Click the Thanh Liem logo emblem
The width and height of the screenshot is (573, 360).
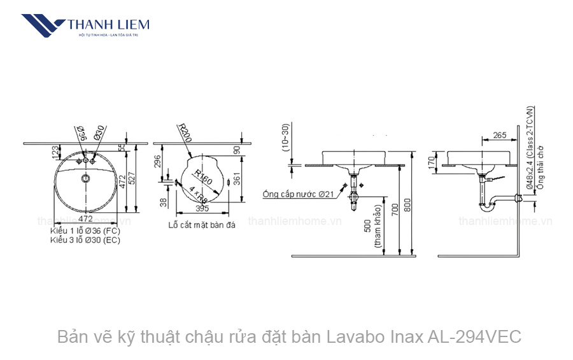[43, 26]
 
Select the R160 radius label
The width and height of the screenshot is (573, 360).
[203, 178]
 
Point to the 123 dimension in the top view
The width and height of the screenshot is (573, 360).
[55, 152]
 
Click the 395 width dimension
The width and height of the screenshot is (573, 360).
[202, 209]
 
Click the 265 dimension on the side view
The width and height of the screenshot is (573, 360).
[500, 135]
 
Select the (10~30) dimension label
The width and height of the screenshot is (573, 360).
[286, 138]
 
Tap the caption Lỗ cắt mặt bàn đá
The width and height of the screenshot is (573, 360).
[202, 225]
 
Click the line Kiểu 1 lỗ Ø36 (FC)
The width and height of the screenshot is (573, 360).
[85, 230]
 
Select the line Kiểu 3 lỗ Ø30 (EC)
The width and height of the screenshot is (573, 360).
[85, 240]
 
